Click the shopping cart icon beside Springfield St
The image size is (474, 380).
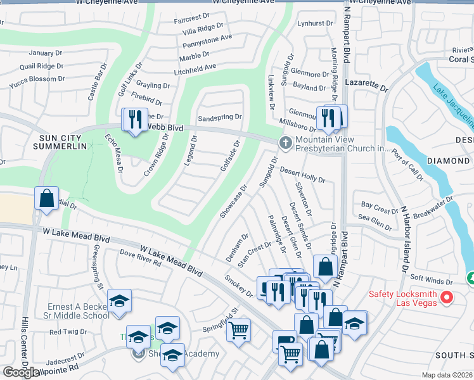[x=238, y=329]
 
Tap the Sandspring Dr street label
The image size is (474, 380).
[x=220, y=117]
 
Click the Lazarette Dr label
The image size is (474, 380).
[x=366, y=83]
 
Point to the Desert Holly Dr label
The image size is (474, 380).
[x=302, y=175]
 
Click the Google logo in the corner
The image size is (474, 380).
[x=20, y=372]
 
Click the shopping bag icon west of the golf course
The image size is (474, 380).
[x=47, y=198]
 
